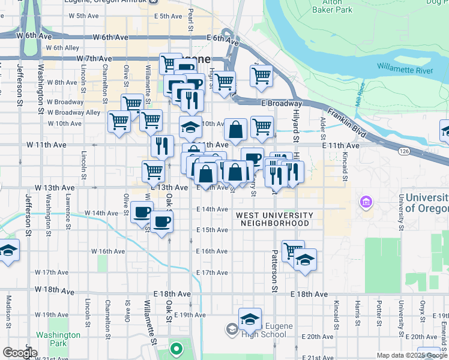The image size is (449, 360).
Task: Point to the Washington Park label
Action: pyautogui.click(x=58, y=339)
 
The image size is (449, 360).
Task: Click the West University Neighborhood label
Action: pyautogui.click(x=274, y=219)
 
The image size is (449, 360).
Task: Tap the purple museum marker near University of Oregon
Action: pyautogui.click(x=365, y=203)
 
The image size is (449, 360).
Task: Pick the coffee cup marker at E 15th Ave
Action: pyautogui.click(x=161, y=222)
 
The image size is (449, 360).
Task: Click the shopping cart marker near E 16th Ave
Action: pyautogui.click(x=293, y=250)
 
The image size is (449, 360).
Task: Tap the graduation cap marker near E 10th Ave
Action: pyautogui.click(x=190, y=127)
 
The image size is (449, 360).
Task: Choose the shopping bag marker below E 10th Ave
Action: pyautogui.click(x=236, y=128)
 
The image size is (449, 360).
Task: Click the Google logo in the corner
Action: pyautogui.click(x=20, y=353)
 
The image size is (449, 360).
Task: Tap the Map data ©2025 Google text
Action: pyautogui.click(x=411, y=355)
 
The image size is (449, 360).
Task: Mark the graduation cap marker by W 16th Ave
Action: pyautogui.click(x=9, y=250)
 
